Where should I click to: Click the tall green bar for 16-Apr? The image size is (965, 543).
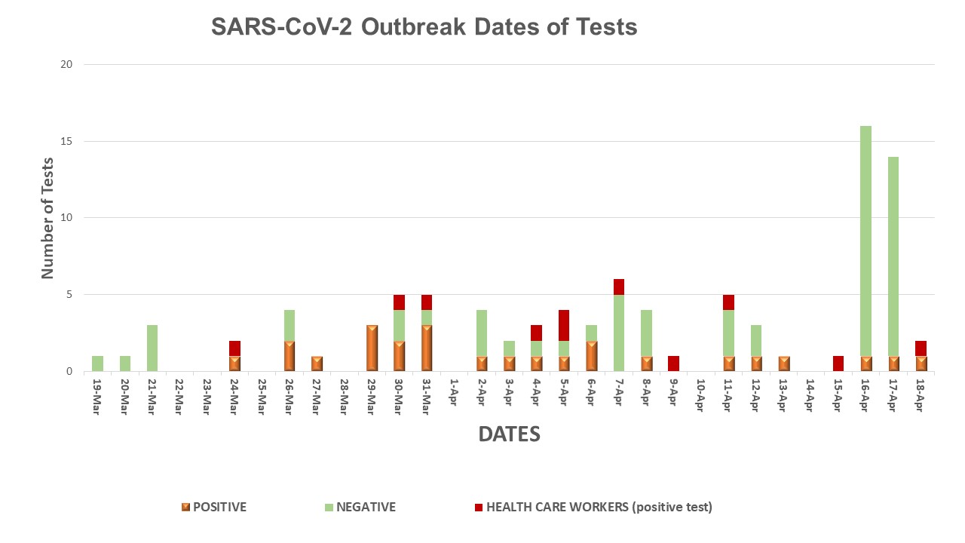click(865, 241)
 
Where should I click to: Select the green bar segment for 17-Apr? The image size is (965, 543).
click(893, 256)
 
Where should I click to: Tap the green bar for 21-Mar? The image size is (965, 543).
click(152, 348)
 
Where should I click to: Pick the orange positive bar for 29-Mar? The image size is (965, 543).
click(372, 348)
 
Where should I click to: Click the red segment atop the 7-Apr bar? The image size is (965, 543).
click(619, 287)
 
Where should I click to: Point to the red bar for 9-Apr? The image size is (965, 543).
click(673, 364)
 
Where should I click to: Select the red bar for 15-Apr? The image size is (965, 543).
click(838, 364)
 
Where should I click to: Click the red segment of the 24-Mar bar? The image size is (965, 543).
click(234, 348)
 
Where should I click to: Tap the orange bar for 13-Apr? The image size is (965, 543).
click(783, 364)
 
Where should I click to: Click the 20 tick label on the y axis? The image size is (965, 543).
click(66, 64)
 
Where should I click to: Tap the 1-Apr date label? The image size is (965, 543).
click(454, 392)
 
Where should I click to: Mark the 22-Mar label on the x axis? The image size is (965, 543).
click(179, 394)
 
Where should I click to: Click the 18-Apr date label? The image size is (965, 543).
click(921, 394)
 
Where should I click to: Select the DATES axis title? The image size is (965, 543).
click(509, 434)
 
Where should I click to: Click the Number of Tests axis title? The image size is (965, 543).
click(48, 218)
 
